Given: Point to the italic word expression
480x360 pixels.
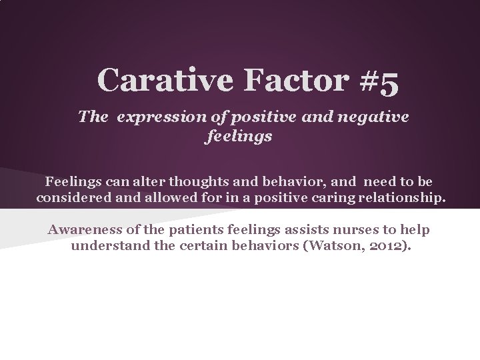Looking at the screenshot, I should pyautogui.click(x=156, y=117).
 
